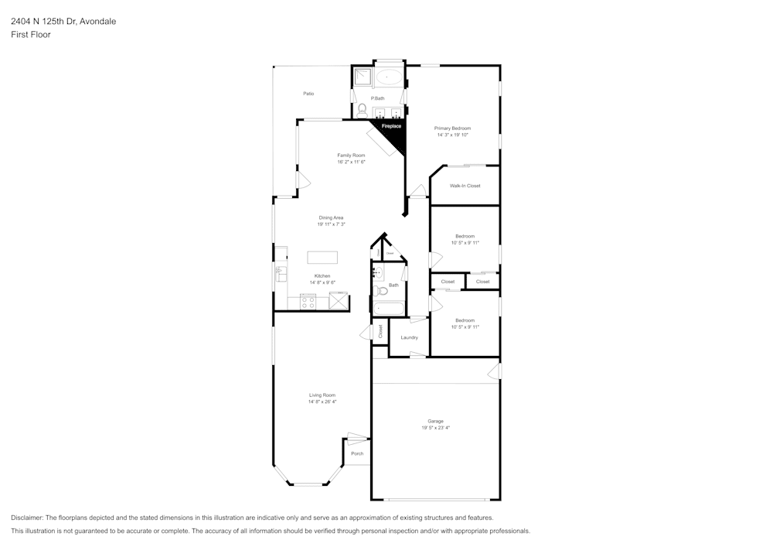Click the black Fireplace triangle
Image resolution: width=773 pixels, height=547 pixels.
[394, 133]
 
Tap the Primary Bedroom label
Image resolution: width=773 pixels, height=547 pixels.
[452, 128]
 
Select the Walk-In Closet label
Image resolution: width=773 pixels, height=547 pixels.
[465, 186]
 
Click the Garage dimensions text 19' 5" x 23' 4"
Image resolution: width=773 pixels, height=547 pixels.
[435, 428]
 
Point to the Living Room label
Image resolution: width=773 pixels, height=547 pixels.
[322, 395]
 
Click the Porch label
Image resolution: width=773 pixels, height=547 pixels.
[357, 453]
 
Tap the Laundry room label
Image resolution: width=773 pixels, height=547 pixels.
[410, 337]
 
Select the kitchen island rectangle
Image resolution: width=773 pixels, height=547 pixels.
[322, 258]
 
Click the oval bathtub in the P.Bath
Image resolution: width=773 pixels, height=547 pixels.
[388, 77]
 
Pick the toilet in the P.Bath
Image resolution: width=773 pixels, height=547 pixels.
[362, 109]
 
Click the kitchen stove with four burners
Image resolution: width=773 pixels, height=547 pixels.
[308, 303]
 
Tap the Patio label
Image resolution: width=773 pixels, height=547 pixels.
[308, 94]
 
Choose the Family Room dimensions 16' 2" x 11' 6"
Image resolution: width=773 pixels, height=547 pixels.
[351, 162]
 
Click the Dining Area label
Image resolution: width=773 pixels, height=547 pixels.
[331, 218]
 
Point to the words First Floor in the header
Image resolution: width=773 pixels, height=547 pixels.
[31, 35]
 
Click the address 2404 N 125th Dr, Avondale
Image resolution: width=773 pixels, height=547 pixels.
[63, 22]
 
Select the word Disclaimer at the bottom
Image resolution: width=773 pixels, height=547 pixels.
[27, 518]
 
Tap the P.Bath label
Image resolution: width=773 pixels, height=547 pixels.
[378, 98]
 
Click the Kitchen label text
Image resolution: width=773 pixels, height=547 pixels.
[322, 276]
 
